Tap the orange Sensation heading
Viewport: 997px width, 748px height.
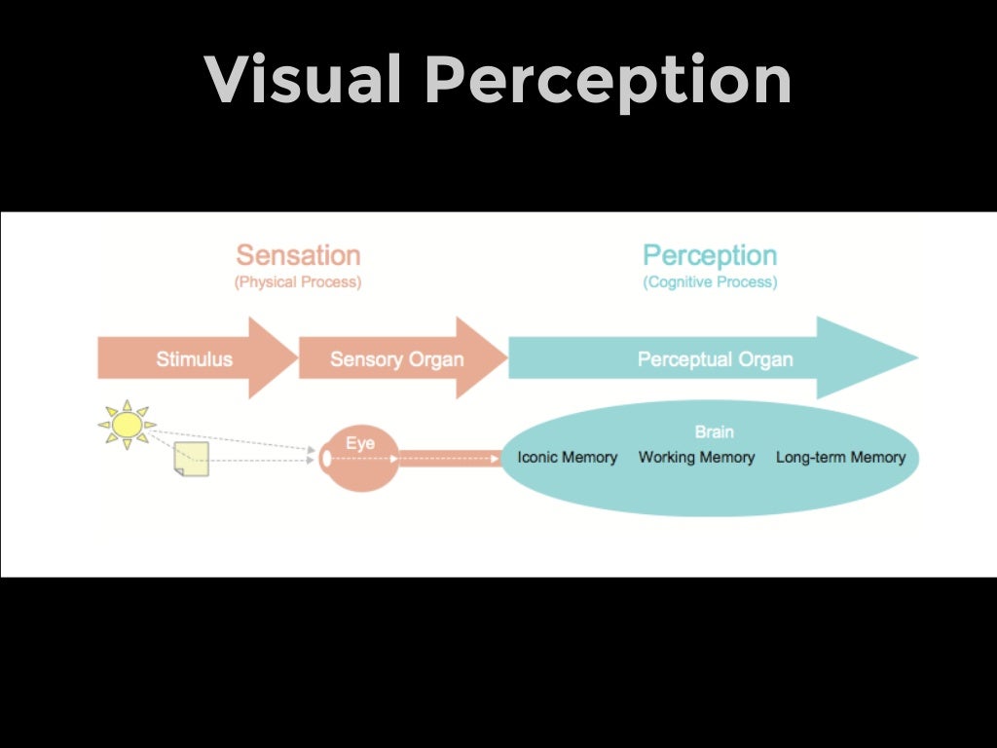click(298, 255)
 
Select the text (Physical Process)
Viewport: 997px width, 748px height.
click(298, 282)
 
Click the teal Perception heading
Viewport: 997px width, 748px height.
click(710, 255)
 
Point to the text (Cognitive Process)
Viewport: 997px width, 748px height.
click(710, 282)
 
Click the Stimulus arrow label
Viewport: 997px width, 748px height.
click(195, 358)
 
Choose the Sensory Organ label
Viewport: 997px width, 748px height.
click(396, 358)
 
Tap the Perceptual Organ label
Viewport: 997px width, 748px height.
click(715, 358)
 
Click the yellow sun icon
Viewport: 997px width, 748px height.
click(127, 425)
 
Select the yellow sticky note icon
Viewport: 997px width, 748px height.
click(191, 459)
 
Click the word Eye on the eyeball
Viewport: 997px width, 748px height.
click(359, 444)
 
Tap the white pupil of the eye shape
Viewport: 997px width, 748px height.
click(325, 457)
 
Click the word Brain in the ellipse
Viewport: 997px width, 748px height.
click(714, 431)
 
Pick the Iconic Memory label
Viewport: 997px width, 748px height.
click(567, 457)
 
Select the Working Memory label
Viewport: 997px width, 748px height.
click(696, 457)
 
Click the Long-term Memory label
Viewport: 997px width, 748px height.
click(840, 457)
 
